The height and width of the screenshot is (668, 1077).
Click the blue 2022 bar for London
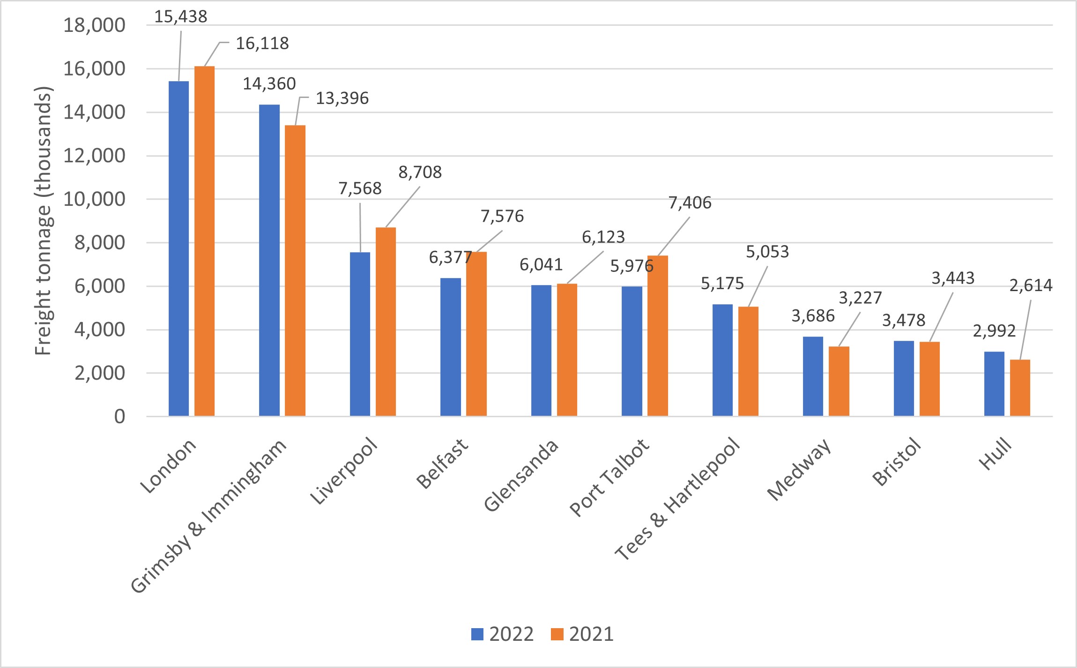[178, 248]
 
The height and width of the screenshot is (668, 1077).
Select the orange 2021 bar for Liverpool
[386, 322]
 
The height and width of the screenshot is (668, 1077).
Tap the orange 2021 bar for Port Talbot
[658, 336]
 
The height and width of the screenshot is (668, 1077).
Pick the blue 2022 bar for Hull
[994, 383]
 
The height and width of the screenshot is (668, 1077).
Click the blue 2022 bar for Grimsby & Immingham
[269, 260]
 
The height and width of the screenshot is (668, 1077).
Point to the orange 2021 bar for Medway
[839, 381]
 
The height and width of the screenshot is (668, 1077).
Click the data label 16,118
[262, 44]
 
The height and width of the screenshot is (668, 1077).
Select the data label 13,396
[342, 98]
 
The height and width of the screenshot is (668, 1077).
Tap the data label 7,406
[690, 203]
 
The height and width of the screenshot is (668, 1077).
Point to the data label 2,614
[1031, 285]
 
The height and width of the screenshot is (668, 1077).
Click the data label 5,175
[722, 284]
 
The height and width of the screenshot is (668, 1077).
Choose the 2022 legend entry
[502, 634]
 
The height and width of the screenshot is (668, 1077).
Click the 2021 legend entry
[582, 634]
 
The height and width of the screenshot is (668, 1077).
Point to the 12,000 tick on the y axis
[94, 156]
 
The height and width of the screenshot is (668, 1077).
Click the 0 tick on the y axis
[119, 416]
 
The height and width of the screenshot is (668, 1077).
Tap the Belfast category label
[442, 464]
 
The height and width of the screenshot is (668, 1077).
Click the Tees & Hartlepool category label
[677, 499]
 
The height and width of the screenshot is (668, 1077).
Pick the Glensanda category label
[521, 475]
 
